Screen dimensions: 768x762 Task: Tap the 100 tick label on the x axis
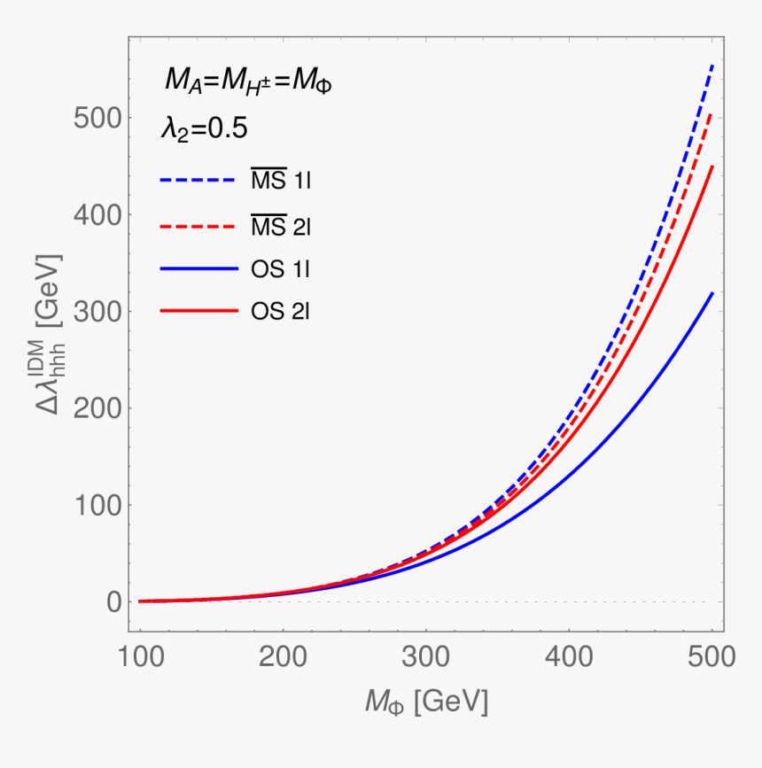(x=139, y=656)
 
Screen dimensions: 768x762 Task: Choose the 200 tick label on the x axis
(x=283, y=656)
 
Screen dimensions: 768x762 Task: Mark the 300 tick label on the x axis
(x=426, y=656)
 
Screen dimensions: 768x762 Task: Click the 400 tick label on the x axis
(x=569, y=656)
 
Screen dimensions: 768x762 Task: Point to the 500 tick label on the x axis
(x=711, y=656)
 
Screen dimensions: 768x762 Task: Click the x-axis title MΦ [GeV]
(x=426, y=702)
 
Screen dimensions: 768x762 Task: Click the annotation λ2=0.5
(x=203, y=128)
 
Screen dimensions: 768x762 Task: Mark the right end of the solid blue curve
(x=711, y=292)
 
